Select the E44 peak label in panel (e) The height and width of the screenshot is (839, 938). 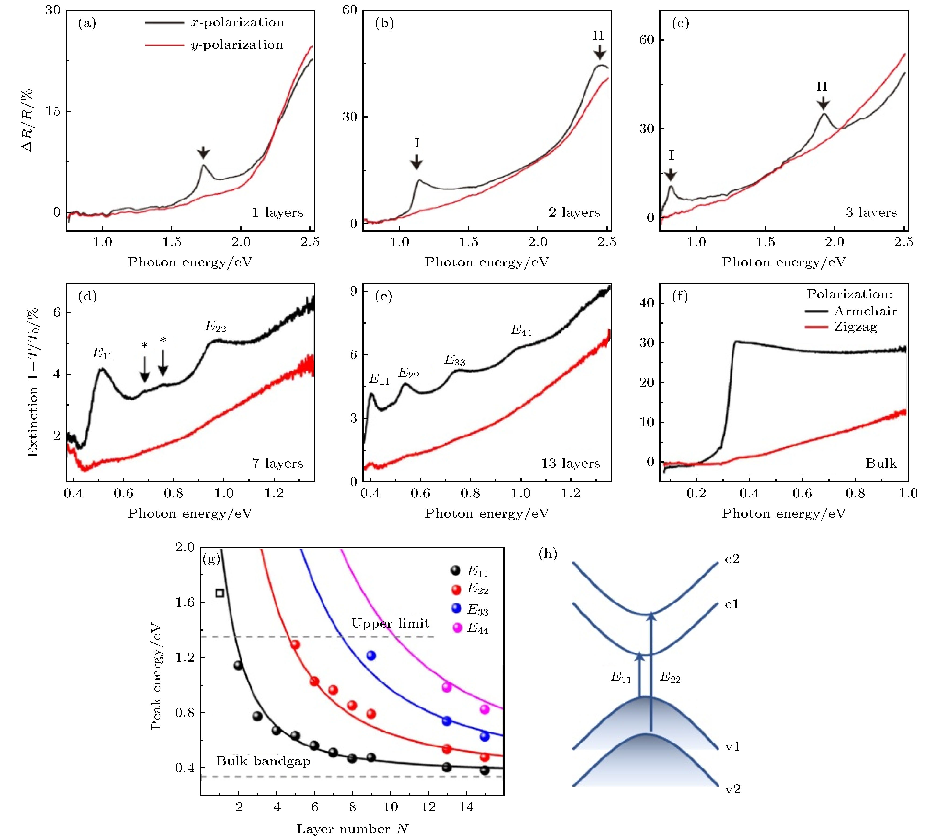pos(521,331)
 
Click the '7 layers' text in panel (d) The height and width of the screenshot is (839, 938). pos(277,463)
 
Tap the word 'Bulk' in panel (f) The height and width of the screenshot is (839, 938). pos(881,463)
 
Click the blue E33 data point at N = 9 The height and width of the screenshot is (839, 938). pos(371,656)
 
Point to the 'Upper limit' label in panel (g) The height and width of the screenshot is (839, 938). pos(390,624)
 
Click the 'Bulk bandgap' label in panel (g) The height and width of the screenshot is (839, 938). pos(263,761)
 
